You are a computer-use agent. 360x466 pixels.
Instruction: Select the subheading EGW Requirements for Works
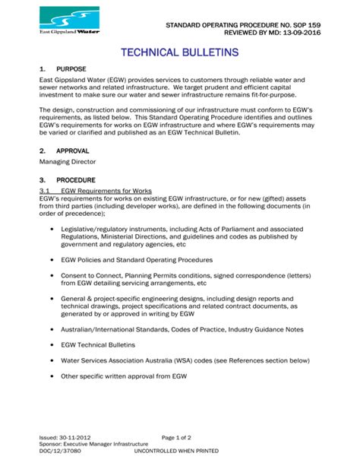[106, 190]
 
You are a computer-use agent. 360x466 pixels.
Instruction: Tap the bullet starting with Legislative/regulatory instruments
[182, 236]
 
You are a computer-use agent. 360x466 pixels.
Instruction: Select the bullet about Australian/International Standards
[182, 329]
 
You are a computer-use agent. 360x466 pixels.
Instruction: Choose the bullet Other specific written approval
[123, 376]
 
